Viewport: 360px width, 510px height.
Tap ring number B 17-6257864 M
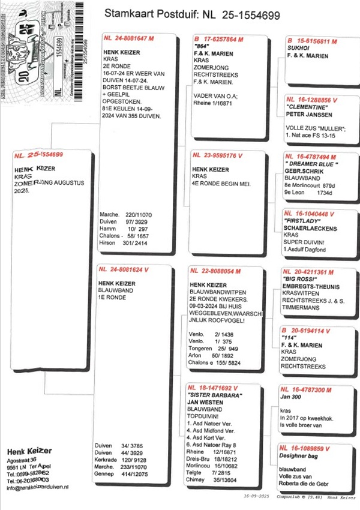point(218,39)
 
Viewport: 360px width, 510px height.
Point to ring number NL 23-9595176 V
point(217,155)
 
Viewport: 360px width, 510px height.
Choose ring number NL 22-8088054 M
point(218,272)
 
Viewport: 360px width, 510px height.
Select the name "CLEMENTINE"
point(307,108)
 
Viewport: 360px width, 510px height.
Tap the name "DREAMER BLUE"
point(312,164)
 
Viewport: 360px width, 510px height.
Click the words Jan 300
point(292,397)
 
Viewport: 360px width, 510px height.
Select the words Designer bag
point(298,455)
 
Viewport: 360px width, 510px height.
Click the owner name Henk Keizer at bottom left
point(29,451)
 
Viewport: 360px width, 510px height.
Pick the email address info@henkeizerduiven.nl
point(37,487)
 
